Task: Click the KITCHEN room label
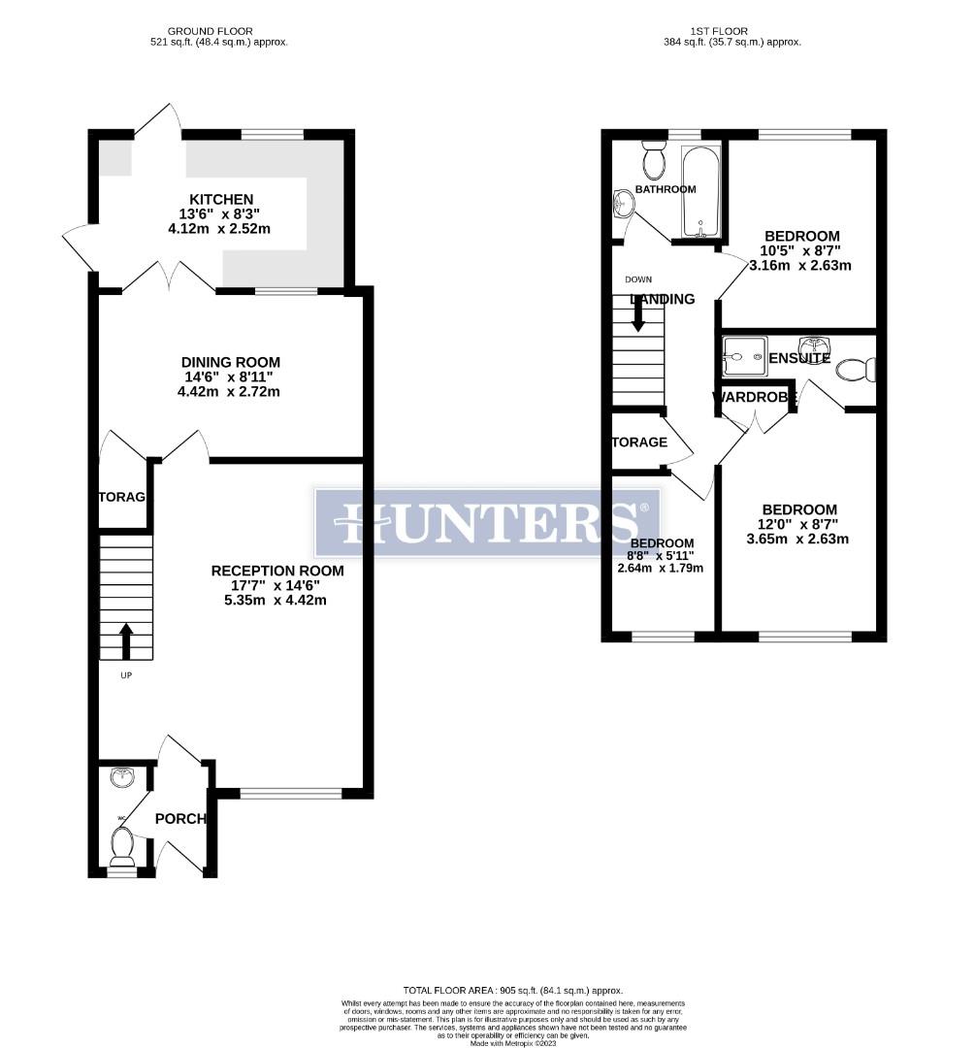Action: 221,199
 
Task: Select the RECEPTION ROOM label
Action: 277,571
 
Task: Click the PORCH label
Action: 181,819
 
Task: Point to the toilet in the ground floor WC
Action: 122,846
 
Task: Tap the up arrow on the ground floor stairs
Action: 126,640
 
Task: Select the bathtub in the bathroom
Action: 699,192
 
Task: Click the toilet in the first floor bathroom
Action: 653,160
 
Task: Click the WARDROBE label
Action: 756,397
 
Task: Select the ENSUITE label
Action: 799,358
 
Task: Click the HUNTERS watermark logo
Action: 487,522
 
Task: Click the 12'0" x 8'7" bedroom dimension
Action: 798,525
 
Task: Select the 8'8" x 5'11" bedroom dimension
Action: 661,555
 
